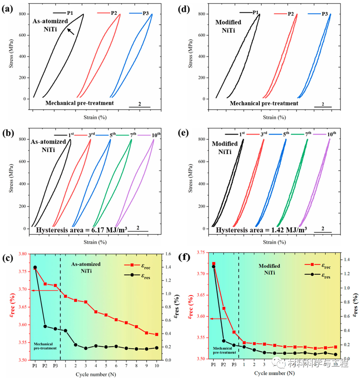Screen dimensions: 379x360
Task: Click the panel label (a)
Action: coord(8,9)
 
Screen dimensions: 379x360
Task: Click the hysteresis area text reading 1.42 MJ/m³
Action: coord(262,230)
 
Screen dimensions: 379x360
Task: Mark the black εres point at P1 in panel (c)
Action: coord(35,267)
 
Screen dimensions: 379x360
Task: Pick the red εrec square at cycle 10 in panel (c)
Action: coord(157,334)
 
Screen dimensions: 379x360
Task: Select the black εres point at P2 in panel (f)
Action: coord(223,341)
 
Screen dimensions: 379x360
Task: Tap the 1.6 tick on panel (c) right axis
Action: coord(167,254)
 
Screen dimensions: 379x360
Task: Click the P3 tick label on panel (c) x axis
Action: coord(55,366)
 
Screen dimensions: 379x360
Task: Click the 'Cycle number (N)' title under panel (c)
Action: coord(95,374)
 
